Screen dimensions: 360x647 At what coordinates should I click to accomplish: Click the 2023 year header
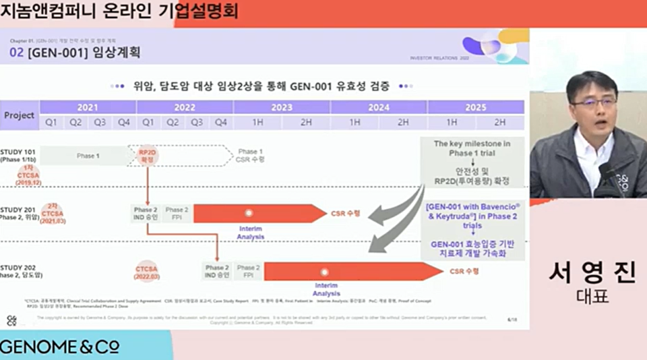282,107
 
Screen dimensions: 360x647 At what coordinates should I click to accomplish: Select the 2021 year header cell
88,107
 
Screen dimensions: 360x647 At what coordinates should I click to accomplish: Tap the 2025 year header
475,107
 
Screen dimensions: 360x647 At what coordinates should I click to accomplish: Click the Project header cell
20,115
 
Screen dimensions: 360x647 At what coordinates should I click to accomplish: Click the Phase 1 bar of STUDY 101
86,156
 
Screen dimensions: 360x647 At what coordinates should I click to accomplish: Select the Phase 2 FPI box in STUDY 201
177,214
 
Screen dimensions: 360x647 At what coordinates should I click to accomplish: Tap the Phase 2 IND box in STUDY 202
218,272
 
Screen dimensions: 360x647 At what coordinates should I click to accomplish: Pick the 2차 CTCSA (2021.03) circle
53,213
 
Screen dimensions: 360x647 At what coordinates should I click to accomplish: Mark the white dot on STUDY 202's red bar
325,272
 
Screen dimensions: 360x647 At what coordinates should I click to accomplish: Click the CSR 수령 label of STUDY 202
464,271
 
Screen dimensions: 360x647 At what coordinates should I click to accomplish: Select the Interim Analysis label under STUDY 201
250,233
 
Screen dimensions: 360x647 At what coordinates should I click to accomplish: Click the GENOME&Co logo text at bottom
60,347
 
